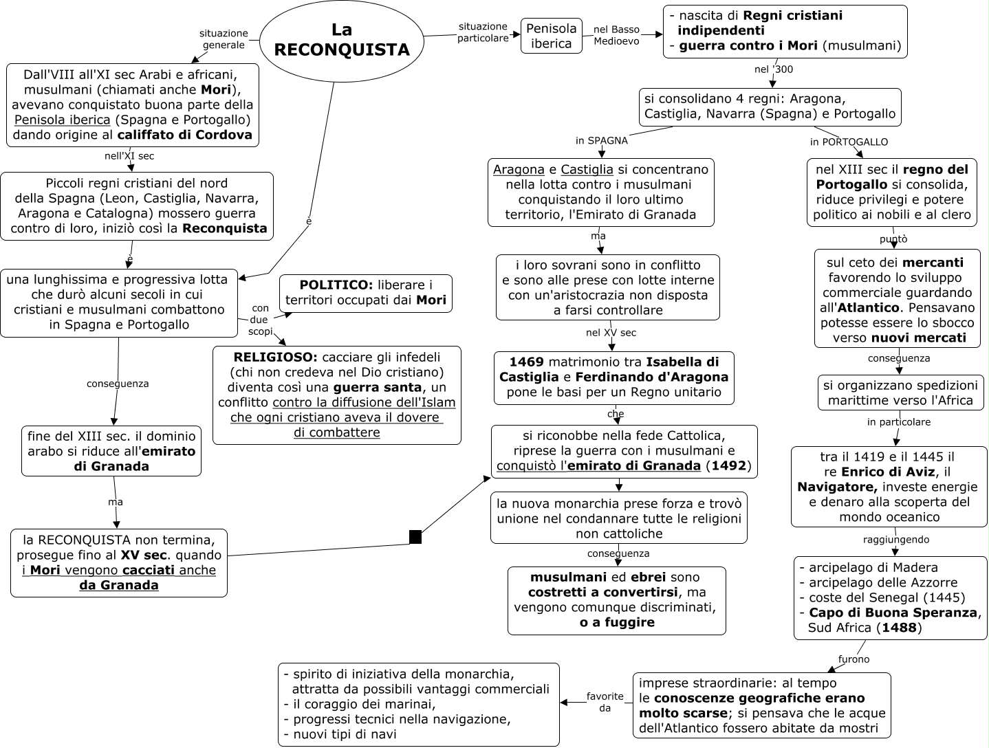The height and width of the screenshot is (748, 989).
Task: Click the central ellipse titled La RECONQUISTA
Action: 342,40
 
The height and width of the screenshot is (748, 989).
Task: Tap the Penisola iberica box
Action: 551,36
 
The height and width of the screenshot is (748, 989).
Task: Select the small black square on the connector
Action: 415,537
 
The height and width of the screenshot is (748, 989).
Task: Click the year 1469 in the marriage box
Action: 526,362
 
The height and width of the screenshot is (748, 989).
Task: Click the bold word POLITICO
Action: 336,285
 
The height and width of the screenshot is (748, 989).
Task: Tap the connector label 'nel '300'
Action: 773,69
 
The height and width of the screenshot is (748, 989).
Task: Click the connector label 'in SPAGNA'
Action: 601,141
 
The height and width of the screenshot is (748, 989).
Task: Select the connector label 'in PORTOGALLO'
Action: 849,142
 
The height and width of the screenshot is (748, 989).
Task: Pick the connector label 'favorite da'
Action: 605,702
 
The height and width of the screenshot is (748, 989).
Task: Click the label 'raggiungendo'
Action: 895,540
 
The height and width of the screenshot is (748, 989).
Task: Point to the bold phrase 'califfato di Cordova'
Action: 185,135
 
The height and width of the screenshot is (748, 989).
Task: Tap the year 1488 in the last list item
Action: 898,628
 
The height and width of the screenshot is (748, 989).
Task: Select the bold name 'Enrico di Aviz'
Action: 888,472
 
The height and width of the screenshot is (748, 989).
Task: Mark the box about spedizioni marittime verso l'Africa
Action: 900,393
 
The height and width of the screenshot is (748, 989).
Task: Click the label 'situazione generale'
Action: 224,38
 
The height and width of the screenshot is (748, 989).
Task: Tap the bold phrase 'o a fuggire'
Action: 616,622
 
